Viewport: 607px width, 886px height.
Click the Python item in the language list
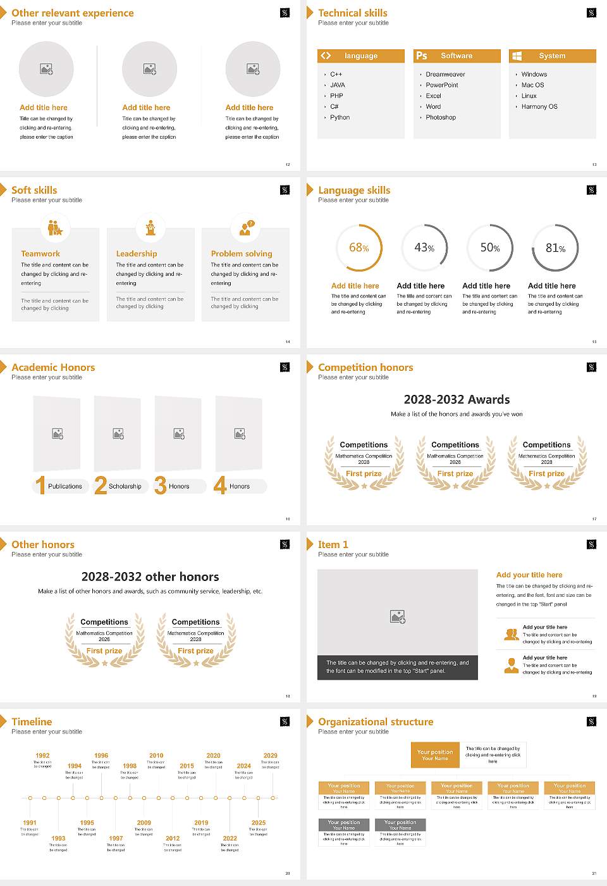(x=340, y=118)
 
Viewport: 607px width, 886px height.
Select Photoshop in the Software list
(x=440, y=118)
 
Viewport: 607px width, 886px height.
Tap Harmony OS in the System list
(x=539, y=107)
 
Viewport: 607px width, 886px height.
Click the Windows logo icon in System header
(x=517, y=56)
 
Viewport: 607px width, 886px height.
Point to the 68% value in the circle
(x=359, y=247)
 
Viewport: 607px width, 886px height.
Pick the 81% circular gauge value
(x=555, y=248)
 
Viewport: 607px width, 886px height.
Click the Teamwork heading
(x=40, y=254)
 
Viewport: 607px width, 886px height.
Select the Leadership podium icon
(x=150, y=227)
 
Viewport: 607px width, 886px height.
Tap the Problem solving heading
(x=242, y=254)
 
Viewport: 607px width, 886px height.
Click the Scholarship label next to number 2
(x=125, y=487)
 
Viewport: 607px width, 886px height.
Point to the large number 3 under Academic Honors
(x=160, y=485)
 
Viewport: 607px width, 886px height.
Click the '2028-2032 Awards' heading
(x=457, y=399)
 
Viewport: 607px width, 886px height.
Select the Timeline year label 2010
(x=156, y=756)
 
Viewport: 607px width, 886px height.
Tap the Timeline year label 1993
(x=58, y=839)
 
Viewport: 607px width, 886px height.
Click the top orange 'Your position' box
(x=435, y=755)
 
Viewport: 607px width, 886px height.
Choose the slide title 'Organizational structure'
(x=376, y=722)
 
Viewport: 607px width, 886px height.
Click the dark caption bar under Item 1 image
(x=397, y=667)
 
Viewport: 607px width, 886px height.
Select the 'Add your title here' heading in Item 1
(x=529, y=575)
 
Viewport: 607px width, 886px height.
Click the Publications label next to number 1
(x=64, y=487)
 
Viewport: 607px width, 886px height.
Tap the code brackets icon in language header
(x=326, y=56)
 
